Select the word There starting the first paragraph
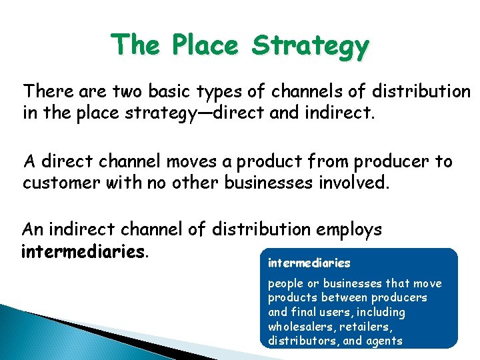pyautogui.click(x=43, y=90)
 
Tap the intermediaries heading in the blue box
pyautogui.click(x=309, y=263)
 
